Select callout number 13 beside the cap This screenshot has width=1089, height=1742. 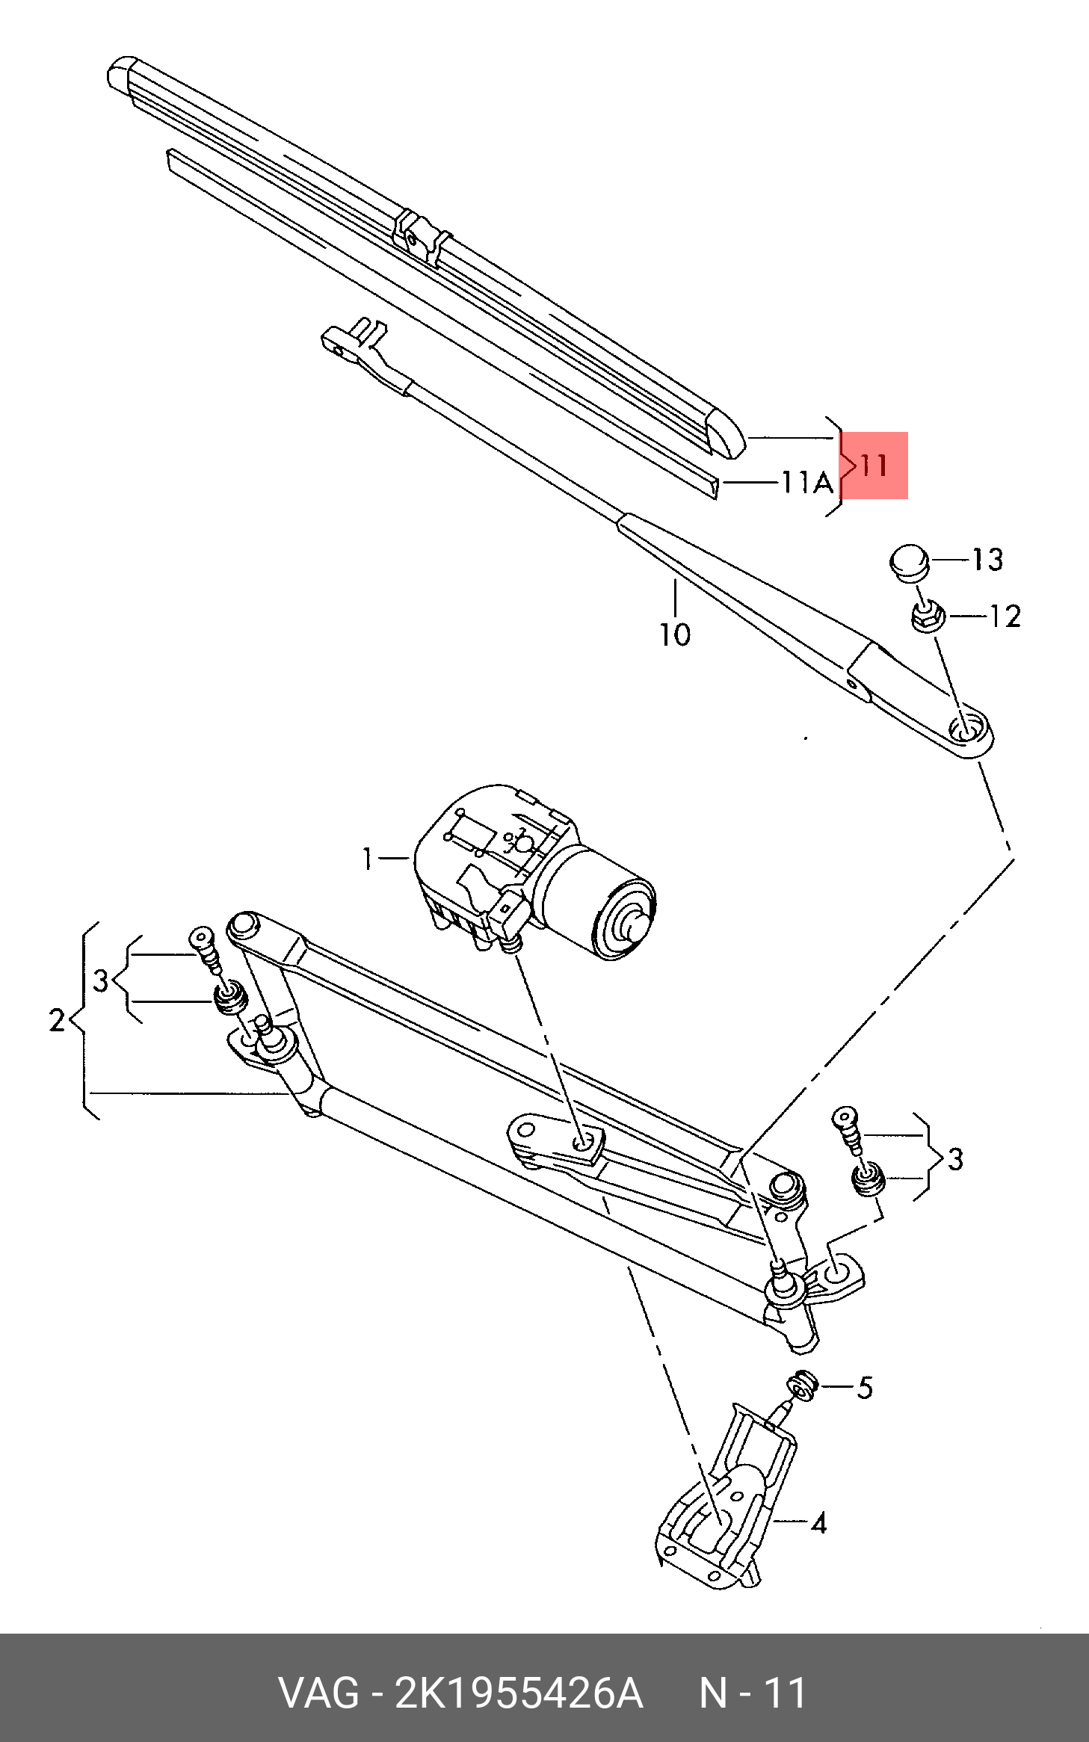click(987, 560)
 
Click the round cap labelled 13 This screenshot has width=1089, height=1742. click(909, 561)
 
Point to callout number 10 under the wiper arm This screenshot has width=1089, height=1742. click(674, 634)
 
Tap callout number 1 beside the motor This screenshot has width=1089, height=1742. click(367, 859)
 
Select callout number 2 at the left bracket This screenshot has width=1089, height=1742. click(58, 1020)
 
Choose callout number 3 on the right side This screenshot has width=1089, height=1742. click(954, 1159)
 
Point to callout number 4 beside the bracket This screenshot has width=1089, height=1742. click(818, 1522)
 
